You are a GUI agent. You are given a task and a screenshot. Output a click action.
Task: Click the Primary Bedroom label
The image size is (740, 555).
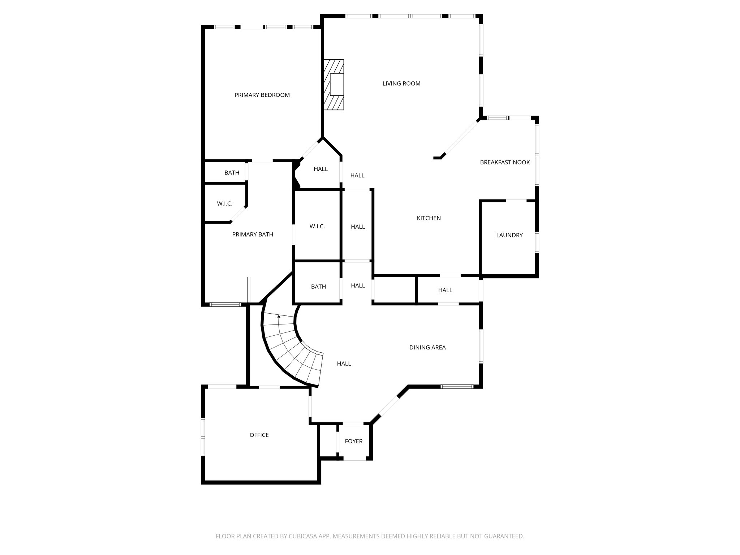(262, 95)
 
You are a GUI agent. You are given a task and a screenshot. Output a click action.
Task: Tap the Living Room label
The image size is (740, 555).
(401, 83)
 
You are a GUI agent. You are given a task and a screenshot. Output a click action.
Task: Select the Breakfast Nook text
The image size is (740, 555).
(505, 163)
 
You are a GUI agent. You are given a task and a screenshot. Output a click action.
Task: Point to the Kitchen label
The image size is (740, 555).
(429, 218)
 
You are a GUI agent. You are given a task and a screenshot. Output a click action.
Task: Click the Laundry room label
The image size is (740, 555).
(509, 235)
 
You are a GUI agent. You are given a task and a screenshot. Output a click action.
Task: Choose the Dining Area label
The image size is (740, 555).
(427, 348)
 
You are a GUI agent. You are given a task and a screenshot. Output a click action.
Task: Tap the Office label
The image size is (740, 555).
(259, 435)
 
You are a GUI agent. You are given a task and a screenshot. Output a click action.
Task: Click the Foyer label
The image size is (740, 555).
(353, 441)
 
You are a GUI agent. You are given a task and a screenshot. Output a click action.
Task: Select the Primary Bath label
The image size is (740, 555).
(252, 235)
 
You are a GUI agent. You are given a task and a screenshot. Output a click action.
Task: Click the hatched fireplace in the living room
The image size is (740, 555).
(334, 84)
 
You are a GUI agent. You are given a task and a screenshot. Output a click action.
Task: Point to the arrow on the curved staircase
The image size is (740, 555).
(279, 317)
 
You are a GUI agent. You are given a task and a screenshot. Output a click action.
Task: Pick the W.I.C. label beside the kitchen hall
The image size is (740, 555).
(317, 227)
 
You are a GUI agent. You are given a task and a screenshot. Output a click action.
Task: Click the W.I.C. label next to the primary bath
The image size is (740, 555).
(224, 204)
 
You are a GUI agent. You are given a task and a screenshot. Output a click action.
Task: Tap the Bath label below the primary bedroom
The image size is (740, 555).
(232, 173)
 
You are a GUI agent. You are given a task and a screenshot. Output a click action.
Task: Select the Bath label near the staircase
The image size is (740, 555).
(318, 287)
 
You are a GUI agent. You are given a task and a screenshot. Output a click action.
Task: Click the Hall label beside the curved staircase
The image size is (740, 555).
(344, 364)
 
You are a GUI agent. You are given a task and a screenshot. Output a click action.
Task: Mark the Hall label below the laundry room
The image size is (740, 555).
(445, 290)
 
